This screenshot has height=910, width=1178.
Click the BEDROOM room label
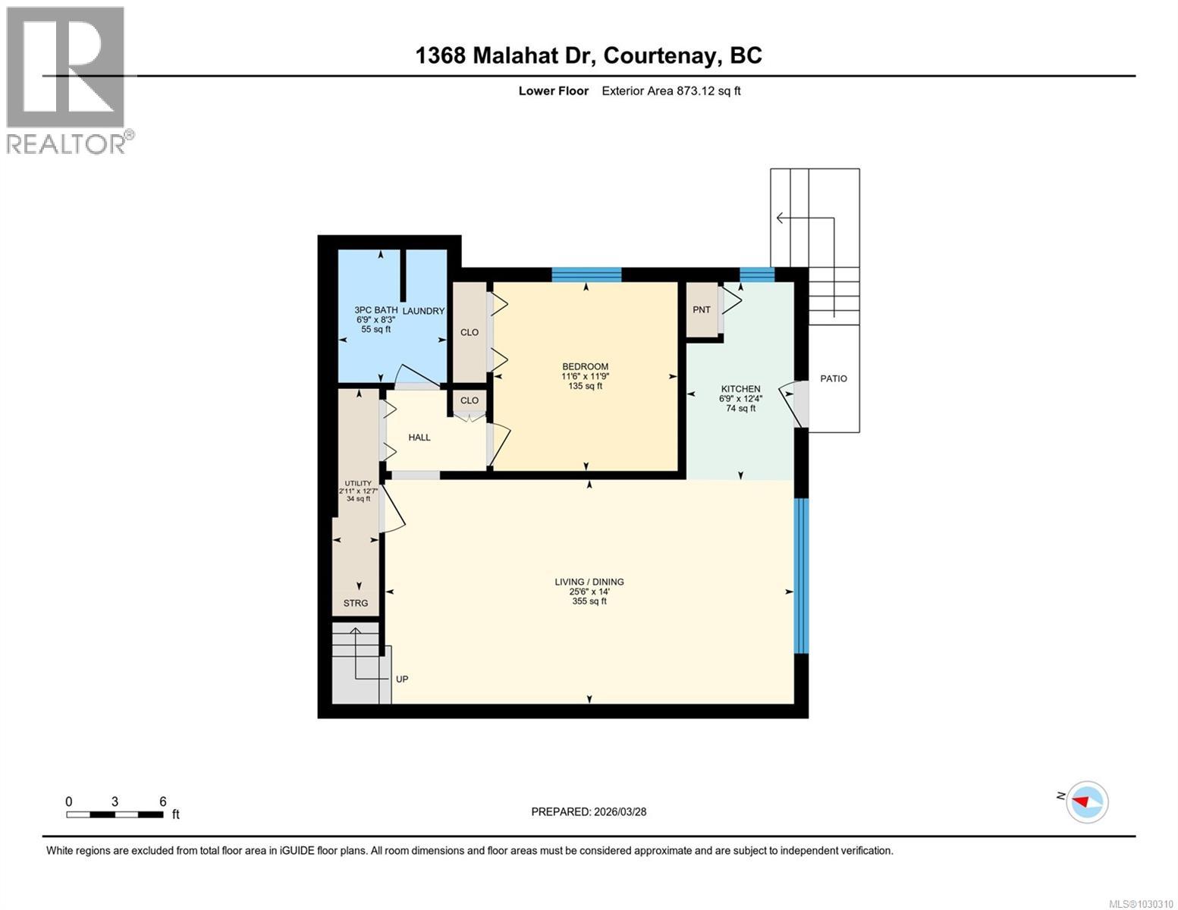coord(585,367)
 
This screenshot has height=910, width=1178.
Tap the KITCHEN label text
coord(740,389)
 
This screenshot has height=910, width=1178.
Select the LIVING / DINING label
coord(589,582)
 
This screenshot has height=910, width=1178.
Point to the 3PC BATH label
coord(375,310)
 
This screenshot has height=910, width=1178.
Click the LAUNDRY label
coord(423,311)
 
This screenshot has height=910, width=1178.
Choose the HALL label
coord(419,438)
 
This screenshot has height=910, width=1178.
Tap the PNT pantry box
coord(702,309)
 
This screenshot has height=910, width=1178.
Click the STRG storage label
coord(356,604)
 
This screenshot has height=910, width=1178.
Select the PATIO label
coord(834,378)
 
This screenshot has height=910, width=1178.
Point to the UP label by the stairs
coord(402,679)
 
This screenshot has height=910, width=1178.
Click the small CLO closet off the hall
coord(470,400)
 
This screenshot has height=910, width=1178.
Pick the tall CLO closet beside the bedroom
coord(470,332)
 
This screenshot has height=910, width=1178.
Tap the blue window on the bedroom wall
coord(586,275)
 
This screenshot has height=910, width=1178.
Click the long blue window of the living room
coord(802,576)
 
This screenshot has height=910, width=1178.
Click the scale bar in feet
coord(115,814)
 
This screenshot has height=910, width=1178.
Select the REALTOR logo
coord(68,80)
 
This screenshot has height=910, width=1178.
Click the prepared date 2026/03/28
coord(589,811)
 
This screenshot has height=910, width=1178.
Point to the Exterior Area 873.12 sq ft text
coord(671,91)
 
